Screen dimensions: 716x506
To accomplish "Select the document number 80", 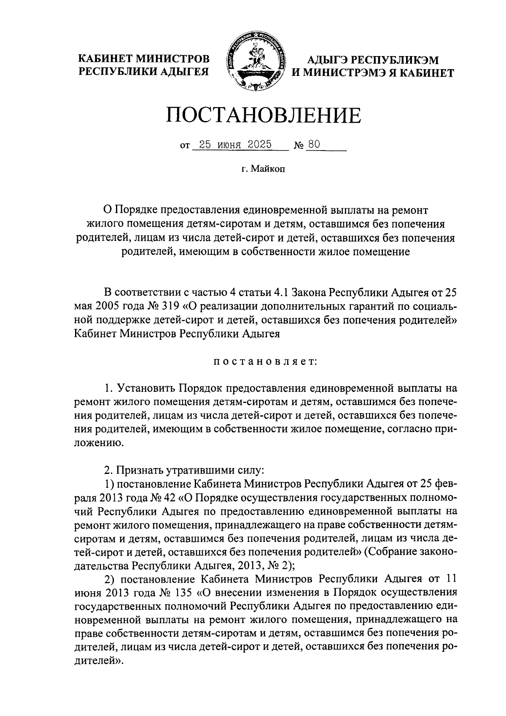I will click(x=314, y=145).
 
